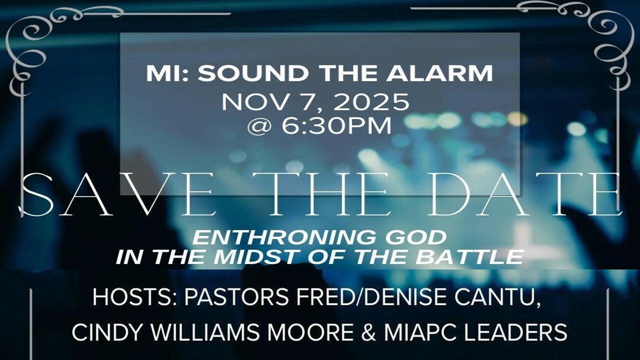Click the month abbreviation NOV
[254, 102]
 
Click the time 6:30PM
[336, 125]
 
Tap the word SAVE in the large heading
[117, 195]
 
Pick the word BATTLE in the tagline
[469, 257]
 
